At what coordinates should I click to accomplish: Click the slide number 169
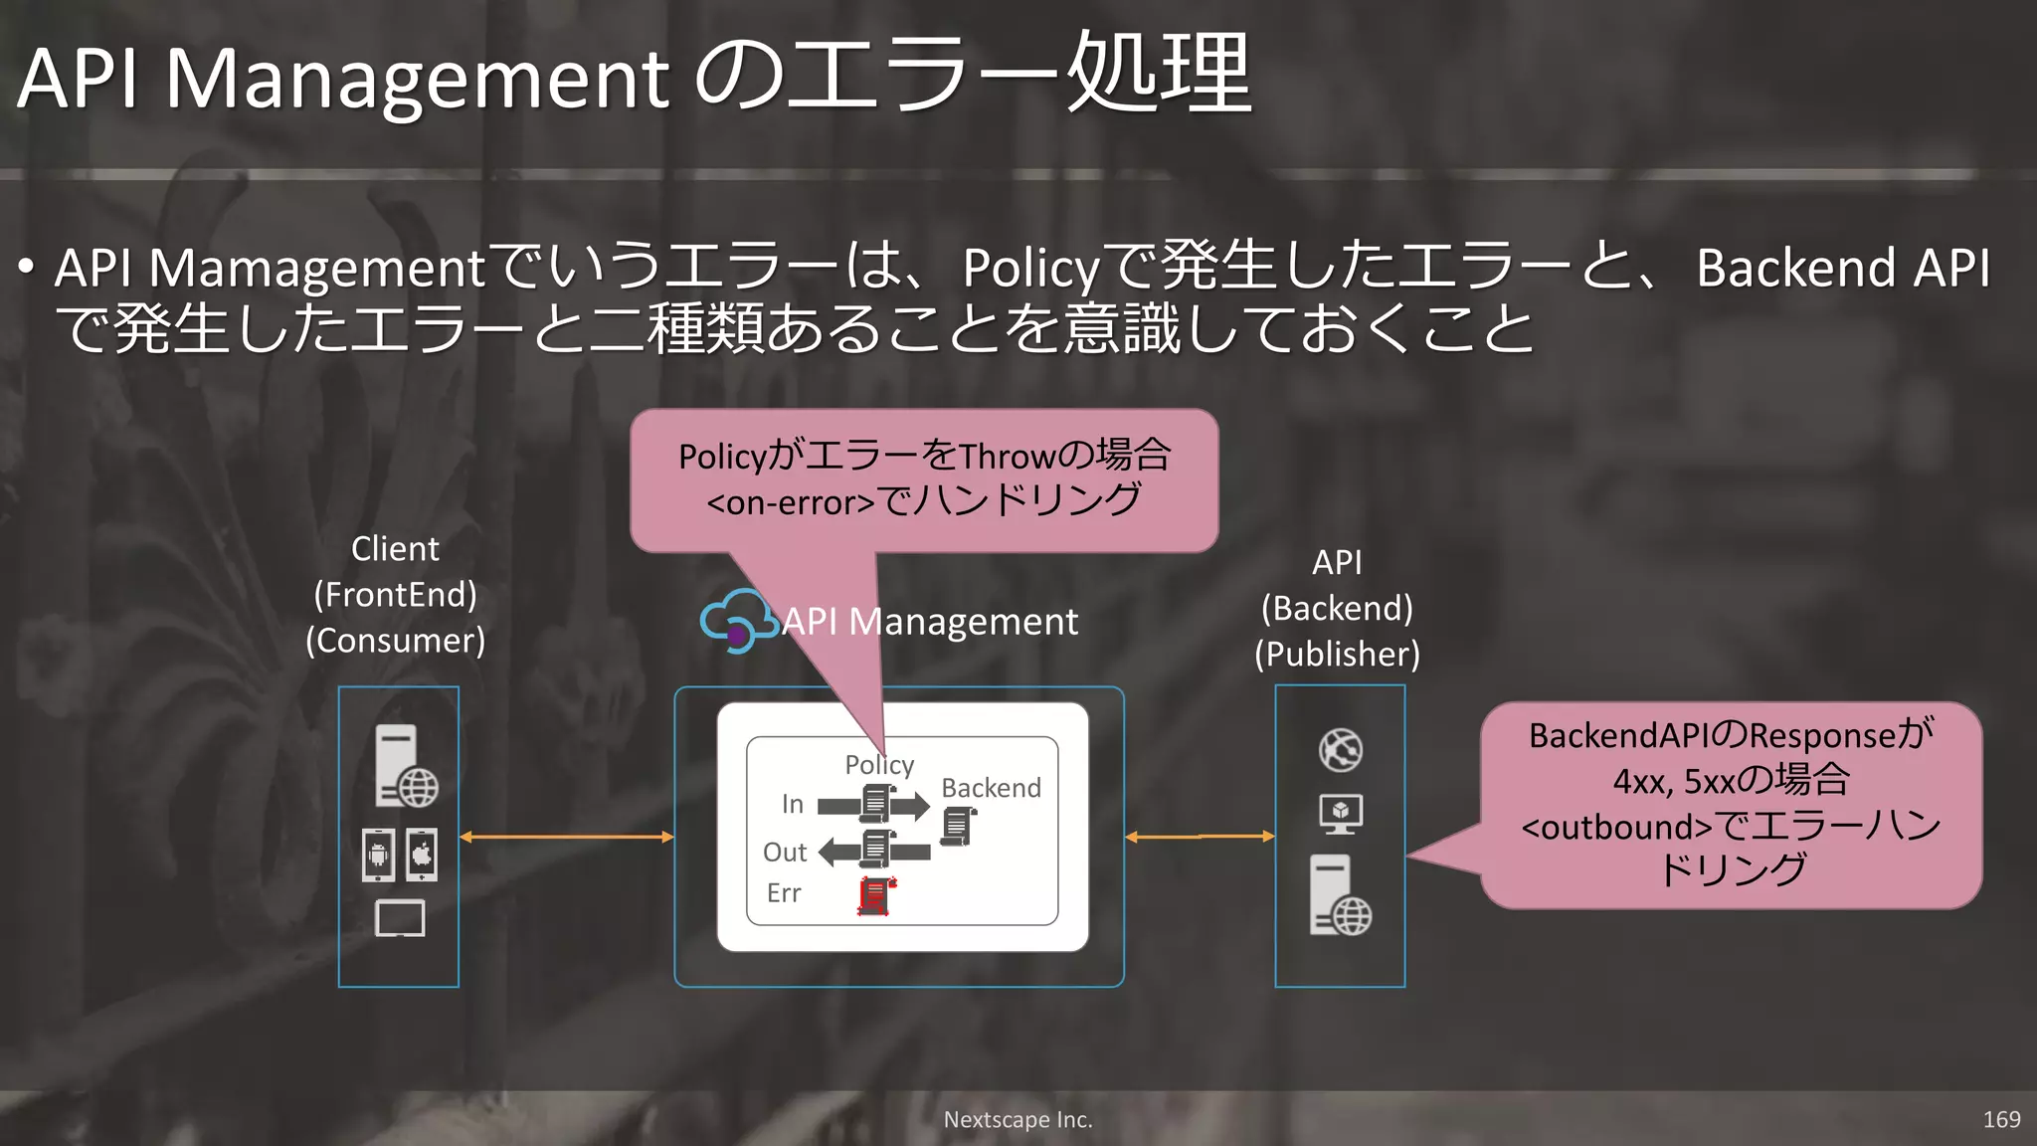2001,1119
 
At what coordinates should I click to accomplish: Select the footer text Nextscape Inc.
1018,1119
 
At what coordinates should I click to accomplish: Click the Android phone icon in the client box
378,855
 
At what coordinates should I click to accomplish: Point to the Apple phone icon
422,855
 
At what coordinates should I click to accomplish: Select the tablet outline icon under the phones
400,918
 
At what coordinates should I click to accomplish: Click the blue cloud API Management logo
737,621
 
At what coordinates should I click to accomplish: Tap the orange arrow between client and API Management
567,837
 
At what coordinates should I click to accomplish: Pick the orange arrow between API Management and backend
1200,837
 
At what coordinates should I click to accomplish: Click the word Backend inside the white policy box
991,788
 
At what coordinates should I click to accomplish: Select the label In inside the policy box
792,804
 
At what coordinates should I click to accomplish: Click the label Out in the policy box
784,852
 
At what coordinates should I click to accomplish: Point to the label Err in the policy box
784,893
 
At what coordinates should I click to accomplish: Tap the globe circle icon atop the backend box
1340,750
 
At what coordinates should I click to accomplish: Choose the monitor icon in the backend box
1340,814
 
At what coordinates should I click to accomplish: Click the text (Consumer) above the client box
395,641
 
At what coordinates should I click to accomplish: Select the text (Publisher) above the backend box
1337,655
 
